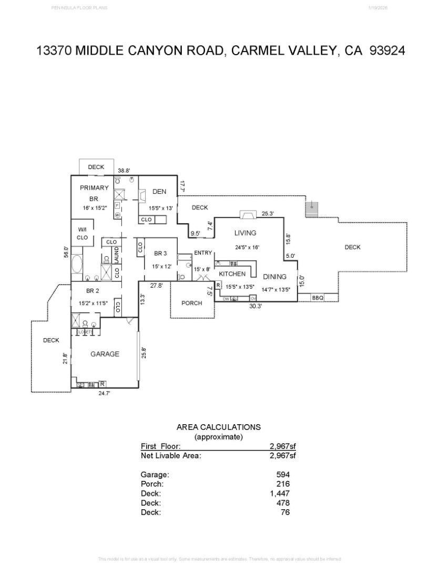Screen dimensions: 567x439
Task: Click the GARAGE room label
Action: point(105,354)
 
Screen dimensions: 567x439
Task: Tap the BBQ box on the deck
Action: point(318,298)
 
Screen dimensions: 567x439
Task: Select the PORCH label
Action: point(192,303)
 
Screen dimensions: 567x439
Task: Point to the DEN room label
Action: point(159,192)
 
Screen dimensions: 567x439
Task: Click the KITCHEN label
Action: point(232,274)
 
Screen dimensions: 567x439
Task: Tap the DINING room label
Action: point(274,277)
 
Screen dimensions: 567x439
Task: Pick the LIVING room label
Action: point(245,233)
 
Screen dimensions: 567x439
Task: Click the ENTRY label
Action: point(203,253)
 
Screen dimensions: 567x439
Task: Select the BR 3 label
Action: point(160,253)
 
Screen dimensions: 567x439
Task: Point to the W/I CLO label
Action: point(83,234)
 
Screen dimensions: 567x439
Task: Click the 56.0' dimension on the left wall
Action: point(66,252)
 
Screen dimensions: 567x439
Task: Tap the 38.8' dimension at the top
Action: point(124,171)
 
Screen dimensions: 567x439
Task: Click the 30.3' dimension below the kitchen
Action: point(255,306)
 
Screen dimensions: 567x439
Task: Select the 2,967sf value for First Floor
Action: point(283,446)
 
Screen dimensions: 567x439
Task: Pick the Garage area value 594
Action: point(283,475)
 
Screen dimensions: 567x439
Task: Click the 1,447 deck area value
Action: point(280,493)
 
